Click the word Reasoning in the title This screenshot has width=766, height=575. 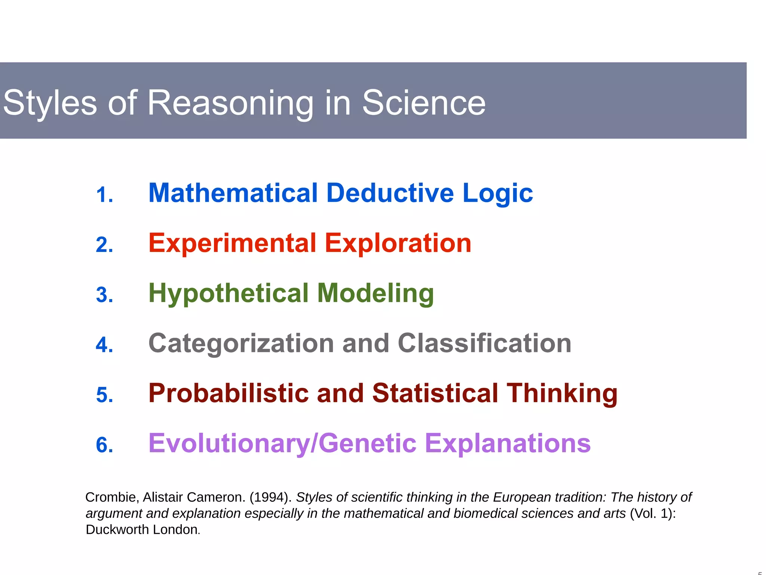(230, 103)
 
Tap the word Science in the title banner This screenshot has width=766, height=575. (423, 103)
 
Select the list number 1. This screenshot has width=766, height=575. (104, 195)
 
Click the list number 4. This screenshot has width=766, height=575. (104, 345)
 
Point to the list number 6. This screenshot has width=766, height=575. (104, 445)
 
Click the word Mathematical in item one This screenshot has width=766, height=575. (233, 193)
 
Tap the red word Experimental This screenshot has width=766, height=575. (232, 244)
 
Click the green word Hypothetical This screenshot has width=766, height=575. (229, 293)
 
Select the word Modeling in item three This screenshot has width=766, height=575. (375, 293)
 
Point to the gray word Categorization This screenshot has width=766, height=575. (241, 344)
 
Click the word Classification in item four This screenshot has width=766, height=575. (484, 343)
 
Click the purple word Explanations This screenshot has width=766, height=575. (508, 444)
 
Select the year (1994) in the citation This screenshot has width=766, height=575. (270, 497)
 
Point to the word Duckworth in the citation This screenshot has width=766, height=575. (117, 530)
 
